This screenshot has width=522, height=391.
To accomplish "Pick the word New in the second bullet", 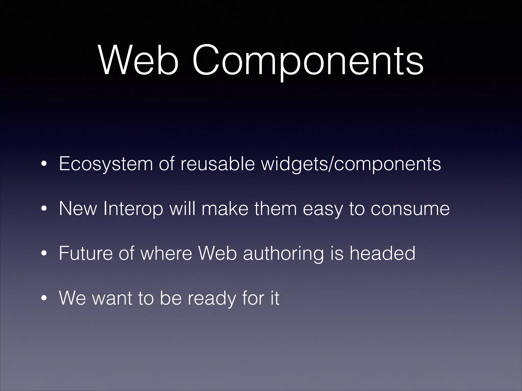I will coord(78,209).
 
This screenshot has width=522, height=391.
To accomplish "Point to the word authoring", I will coord(283,254).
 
